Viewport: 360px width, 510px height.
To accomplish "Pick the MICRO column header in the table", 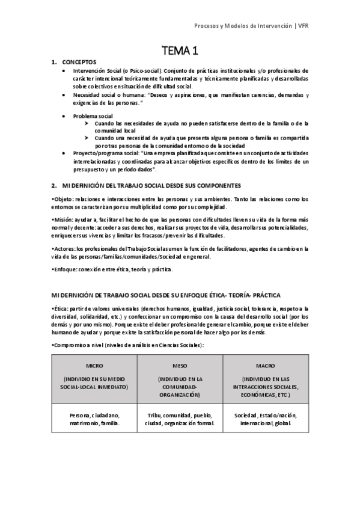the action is coord(94,365).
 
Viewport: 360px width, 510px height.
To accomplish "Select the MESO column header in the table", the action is coord(180,365).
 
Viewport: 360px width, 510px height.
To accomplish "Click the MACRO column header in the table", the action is coord(266,365).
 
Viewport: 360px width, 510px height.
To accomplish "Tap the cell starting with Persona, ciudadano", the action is coord(94,419).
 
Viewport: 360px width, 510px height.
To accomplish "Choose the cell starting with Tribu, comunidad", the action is coord(180,419).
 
